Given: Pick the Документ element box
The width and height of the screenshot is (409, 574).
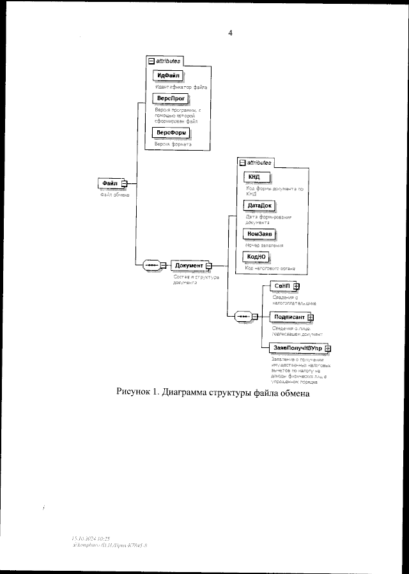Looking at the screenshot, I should point(189,265).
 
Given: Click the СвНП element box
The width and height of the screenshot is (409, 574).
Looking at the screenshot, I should point(281,286).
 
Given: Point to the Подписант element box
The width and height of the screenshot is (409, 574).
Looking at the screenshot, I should point(288,316).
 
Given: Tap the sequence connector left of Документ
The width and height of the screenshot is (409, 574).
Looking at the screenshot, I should point(153,265).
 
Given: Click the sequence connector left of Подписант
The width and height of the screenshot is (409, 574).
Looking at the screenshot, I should point(243,316).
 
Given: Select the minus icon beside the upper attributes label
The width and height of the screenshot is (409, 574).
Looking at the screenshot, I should point(151,61).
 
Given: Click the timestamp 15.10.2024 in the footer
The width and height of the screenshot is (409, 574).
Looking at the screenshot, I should point(86,539).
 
